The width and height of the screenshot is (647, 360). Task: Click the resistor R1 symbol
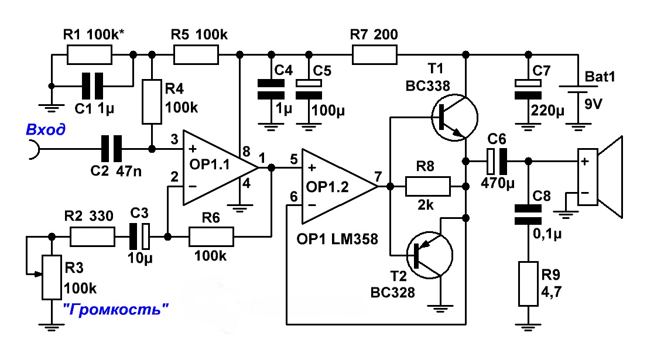pyautogui.click(x=89, y=55)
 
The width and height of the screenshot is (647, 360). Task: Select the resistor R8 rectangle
pyautogui.click(x=428, y=187)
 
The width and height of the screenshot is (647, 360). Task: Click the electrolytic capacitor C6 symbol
pyautogui.click(x=496, y=160)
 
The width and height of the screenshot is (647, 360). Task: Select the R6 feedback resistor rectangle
pyautogui.click(x=211, y=237)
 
